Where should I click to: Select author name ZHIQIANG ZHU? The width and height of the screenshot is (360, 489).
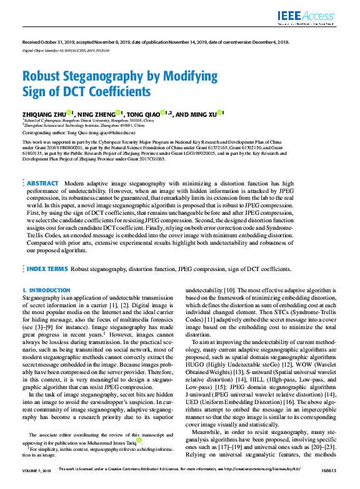tap(43, 114)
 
